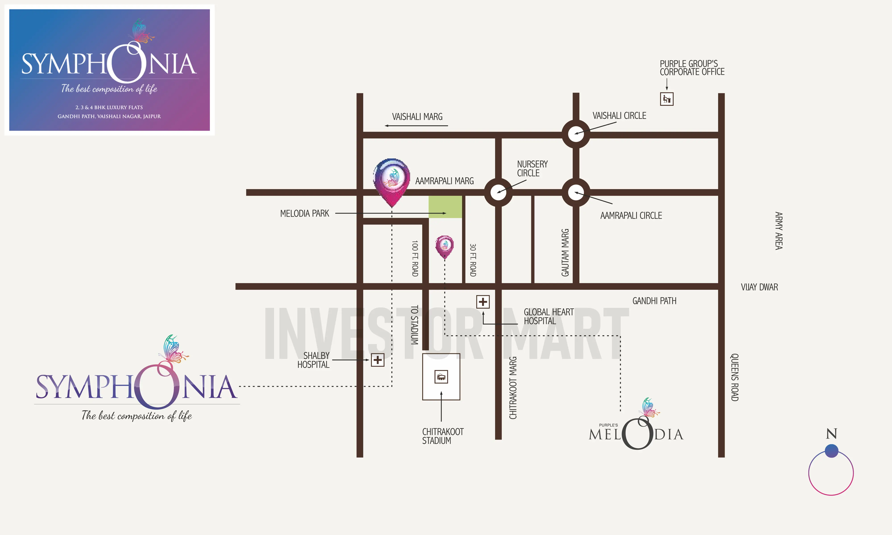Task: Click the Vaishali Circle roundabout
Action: point(576,134)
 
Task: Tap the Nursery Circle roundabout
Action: point(498,192)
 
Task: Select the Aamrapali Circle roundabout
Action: point(576,192)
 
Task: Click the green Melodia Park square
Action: point(445,207)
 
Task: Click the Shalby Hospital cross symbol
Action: point(378,360)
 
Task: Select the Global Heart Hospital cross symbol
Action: point(483,302)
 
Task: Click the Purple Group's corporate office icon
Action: point(667,99)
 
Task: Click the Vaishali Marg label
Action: point(417,117)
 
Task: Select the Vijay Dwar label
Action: point(759,287)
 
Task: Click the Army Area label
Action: point(779,231)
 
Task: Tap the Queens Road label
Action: point(734,377)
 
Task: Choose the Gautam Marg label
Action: point(565,252)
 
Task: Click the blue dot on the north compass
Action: point(831,451)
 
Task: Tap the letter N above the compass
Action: point(831,434)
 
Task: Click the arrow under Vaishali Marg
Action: point(416,126)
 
